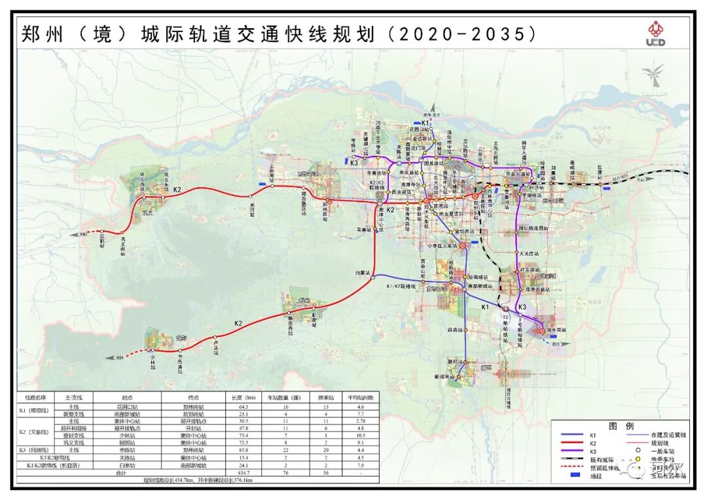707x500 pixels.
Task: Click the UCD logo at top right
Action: click(656, 33)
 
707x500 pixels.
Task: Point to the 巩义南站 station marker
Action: click(122, 232)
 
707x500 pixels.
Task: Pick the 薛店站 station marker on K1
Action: click(465, 331)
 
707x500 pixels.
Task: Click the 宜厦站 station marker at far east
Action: click(599, 183)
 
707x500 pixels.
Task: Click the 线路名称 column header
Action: click(36, 397)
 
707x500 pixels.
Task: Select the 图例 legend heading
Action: click(619, 425)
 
